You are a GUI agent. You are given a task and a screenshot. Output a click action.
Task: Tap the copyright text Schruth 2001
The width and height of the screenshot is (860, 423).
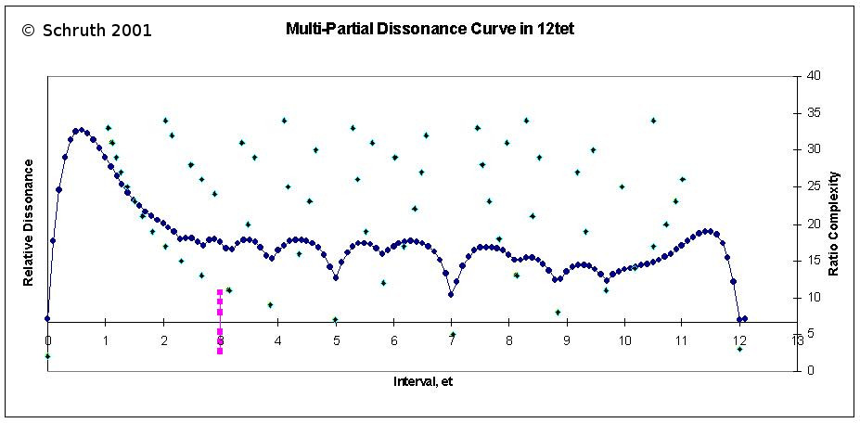[x=87, y=31]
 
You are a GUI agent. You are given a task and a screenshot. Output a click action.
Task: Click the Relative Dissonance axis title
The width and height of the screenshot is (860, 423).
[x=29, y=223]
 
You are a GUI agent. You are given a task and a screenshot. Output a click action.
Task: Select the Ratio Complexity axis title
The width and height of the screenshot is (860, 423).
[x=833, y=223]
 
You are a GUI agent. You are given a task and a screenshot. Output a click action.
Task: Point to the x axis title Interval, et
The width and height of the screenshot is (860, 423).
[x=422, y=380]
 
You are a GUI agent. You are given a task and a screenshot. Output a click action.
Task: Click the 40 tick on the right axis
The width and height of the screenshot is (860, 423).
[x=813, y=76]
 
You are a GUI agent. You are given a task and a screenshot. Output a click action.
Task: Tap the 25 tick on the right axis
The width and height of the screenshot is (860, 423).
[x=813, y=186]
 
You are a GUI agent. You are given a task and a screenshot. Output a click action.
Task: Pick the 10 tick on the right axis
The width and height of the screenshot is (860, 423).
[x=813, y=297]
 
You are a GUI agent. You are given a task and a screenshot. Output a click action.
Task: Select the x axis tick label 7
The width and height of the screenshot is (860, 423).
[x=452, y=340]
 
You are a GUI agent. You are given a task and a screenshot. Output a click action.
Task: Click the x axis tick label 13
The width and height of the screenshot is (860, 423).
[x=798, y=340]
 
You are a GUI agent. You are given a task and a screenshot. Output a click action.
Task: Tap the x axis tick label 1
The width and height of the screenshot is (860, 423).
[x=105, y=340]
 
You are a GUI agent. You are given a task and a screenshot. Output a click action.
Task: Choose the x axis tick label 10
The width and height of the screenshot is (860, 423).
[x=624, y=340]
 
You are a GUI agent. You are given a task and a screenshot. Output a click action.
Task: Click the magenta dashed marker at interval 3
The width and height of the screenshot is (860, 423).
[x=220, y=321]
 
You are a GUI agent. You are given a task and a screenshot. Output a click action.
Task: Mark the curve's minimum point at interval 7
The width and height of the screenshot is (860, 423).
[x=451, y=294]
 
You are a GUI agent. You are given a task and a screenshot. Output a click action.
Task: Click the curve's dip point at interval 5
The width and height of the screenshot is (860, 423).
[x=335, y=277]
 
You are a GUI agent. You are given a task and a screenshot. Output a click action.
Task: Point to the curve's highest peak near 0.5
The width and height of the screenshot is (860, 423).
[x=81, y=130]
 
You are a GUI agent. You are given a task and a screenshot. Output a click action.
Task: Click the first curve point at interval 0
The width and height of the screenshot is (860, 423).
[x=47, y=318]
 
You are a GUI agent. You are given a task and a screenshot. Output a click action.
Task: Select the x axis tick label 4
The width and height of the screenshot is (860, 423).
[x=278, y=340]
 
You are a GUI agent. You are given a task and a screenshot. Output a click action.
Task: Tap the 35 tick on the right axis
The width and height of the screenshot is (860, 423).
[x=813, y=113]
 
